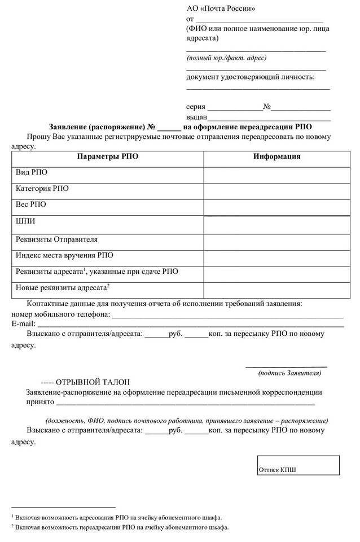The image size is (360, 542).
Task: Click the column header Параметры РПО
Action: click(107, 156)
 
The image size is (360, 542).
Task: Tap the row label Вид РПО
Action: click(32, 173)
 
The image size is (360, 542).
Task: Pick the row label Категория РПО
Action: click(42, 189)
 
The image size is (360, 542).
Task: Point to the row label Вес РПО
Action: click(31, 204)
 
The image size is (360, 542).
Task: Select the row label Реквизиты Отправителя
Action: click(56, 239)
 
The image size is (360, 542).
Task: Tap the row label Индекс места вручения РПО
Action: click(64, 255)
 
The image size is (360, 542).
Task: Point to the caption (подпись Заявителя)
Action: click(289, 373)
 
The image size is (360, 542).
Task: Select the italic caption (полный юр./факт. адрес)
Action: click(226, 58)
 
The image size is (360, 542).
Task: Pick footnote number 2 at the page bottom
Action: click(13, 526)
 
